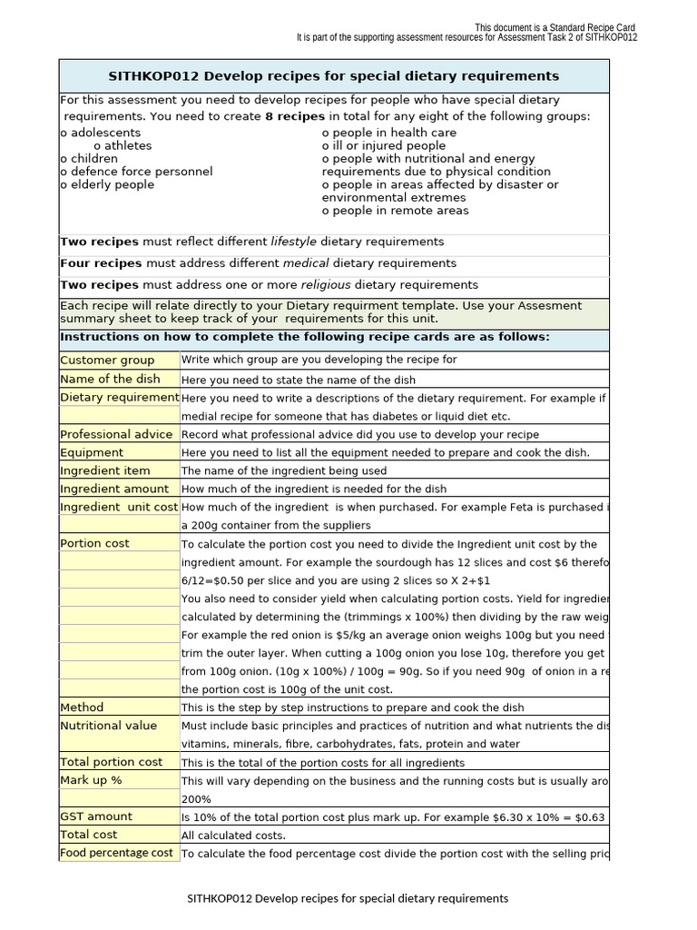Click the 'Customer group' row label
pyautogui.click(x=107, y=361)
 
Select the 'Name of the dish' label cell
pyautogui.click(x=110, y=379)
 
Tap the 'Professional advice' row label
pyautogui.click(x=116, y=434)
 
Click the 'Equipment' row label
pyautogui.click(x=92, y=452)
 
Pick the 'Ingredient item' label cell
pyautogui.click(x=105, y=470)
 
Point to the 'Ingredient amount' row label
pyautogui.click(x=114, y=489)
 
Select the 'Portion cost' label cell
pyautogui.click(x=94, y=543)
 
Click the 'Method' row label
pyautogui.click(x=82, y=707)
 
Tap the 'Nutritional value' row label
pyautogui.click(x=108, y=726)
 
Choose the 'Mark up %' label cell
pyautogui.click(x=91, y=780)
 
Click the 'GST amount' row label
pyautogui.click(x=96, y=816)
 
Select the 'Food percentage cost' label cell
pyautogui.click(x=116, y=853)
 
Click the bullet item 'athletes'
pyautogui.click(x=123, y=145)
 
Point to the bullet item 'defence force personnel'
pyautogui.click(x=136, y=172)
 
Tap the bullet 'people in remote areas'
pyautogui.click(x=396, y=211)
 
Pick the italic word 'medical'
pyautogui.click(x=307, y=263)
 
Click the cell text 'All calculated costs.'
pyautogui.click(x=233, y=836)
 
